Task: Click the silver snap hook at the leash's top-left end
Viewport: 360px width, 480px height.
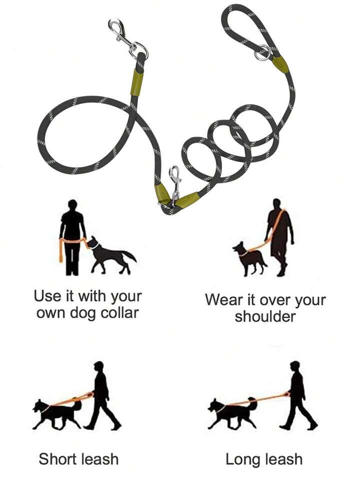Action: point(122,36)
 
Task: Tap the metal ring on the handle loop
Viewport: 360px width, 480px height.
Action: point(262,53)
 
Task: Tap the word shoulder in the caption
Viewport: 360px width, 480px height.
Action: point(265,316)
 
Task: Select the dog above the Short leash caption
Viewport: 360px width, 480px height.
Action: point(57,413)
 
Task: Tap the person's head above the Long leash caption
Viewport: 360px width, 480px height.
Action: point(294,366)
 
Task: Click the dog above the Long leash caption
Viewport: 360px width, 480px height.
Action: point(232,412)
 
